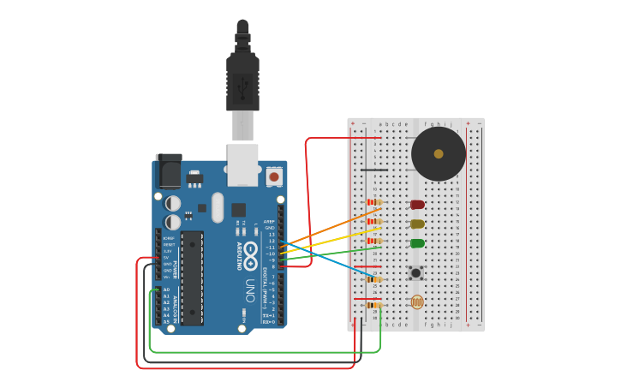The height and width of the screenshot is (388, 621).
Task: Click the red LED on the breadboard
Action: coord(417,205)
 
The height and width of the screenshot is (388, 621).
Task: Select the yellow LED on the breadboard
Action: coord(417,224)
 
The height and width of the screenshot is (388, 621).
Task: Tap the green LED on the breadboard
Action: coord(417,243)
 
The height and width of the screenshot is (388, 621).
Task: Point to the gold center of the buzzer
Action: coord(439,154)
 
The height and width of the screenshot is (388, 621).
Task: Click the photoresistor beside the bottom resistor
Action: coord(417,302)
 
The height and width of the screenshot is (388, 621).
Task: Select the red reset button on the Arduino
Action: coord(274,176)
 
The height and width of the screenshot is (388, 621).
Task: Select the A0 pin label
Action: coord(166,290)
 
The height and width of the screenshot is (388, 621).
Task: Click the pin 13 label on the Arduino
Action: coord(272,235)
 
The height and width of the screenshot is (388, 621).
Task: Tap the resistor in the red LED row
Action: coord(374,202)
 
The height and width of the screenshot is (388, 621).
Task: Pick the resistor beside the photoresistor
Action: coord(374,305)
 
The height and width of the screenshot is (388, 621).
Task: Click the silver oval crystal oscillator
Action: coord(218,207)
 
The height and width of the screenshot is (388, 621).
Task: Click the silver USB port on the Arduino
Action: coord(242,164)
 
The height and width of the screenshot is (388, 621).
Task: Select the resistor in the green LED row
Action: coord(374,241)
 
